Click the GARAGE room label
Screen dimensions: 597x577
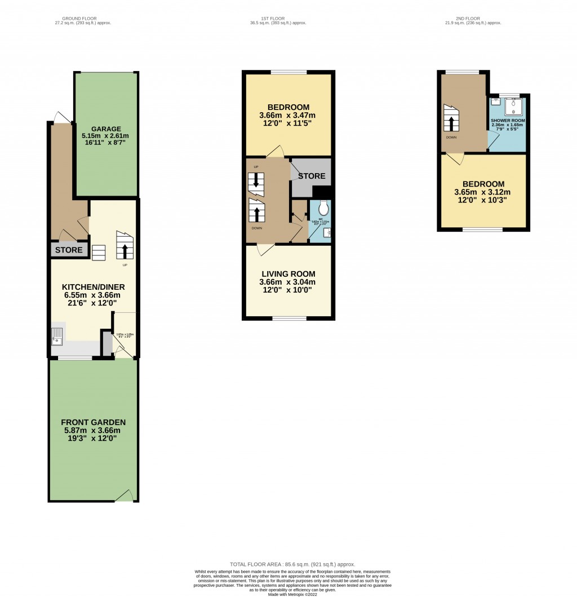tap(106, 129)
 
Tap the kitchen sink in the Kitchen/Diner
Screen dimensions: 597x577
tap(57, 337)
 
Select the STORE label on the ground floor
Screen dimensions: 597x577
tap(69, 250)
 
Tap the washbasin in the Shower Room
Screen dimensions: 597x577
tap(496, 102)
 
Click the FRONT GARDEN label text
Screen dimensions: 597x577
tap(93, 422)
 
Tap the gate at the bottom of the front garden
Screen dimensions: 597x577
tap(126, 496)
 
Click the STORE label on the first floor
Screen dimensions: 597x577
tap(312, 176)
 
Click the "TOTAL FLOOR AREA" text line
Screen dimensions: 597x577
tap(292, 564)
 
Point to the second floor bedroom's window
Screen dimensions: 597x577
tap(482, 229)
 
